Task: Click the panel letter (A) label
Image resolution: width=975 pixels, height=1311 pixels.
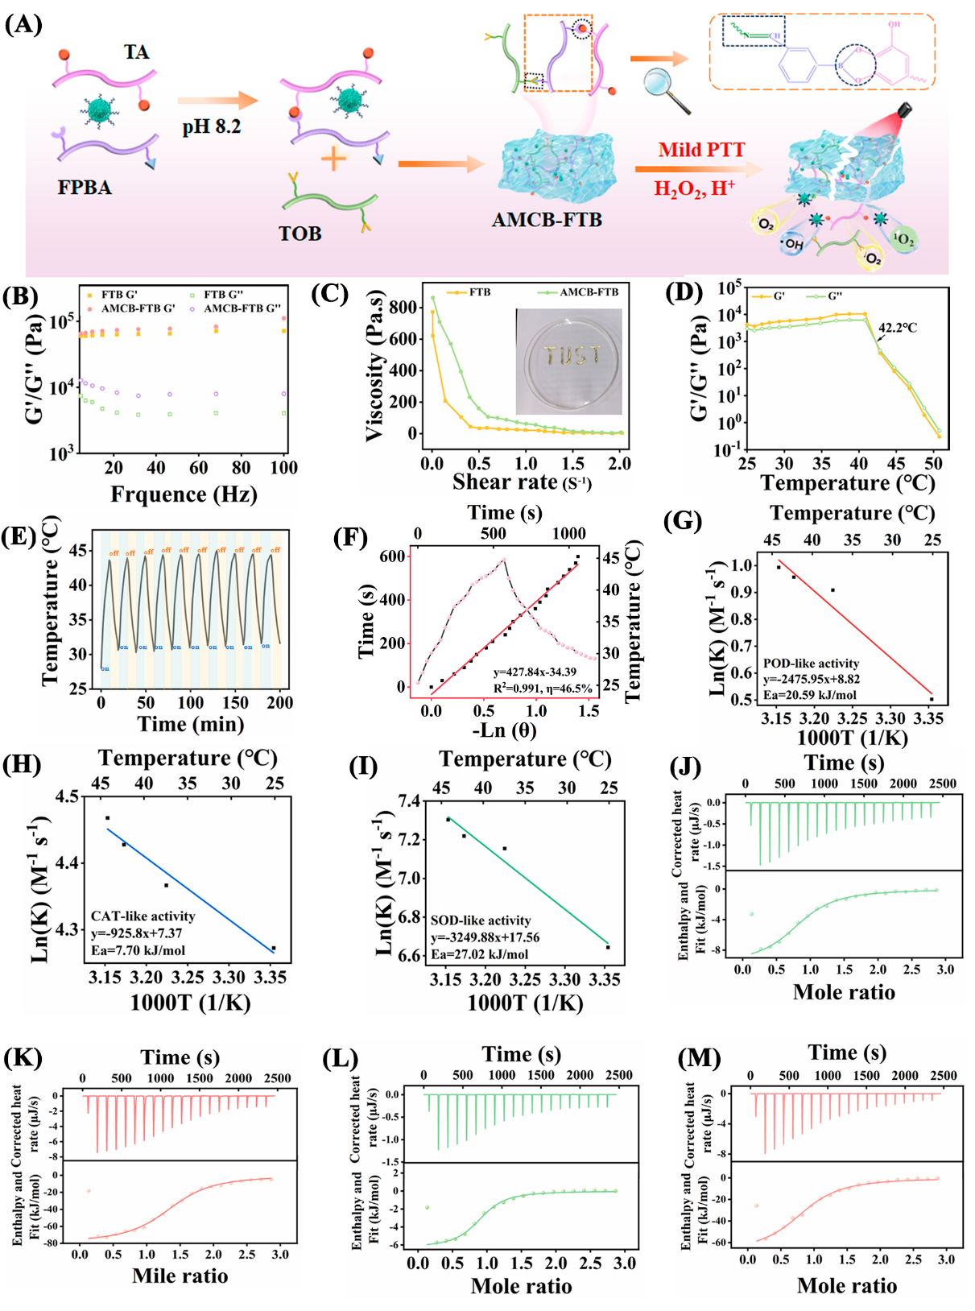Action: [x=23, y=24]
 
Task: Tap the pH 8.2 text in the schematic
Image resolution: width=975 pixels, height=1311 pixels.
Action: [x=211, y=126]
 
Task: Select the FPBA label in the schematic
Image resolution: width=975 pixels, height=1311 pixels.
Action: [x=85, y=188]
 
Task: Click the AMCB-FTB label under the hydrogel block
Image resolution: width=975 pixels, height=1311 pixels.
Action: [x=547, y=220]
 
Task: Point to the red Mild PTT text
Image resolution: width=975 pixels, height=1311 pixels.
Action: [x=701, y=150]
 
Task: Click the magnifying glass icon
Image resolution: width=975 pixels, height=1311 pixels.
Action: [x=667, y=90]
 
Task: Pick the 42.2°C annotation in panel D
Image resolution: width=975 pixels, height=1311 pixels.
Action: [x=897, y=328]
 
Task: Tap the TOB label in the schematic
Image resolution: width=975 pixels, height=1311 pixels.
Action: [x=300, y=234]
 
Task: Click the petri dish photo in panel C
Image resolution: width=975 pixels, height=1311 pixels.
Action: [x=568, y=362]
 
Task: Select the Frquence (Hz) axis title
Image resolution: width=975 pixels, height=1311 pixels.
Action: [x=184, y=494]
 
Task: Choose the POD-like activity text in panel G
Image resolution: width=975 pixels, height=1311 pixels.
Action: [x=811, y=664]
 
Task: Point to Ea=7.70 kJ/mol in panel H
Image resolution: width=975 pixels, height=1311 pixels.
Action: [x=138, y=950]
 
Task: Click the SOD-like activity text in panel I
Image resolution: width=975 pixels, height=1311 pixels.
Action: [x=481, y=920]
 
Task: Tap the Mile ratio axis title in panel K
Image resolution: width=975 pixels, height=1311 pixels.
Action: [x=180, y=1276]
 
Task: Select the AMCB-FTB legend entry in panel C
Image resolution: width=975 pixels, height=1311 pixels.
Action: [x=589, y=292]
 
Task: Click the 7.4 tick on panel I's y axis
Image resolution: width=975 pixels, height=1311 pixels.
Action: [x=409, y=801]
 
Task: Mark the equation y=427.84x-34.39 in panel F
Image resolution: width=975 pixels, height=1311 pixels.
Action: [x=535, y=672]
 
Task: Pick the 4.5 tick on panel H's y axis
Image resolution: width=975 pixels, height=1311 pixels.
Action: [x=67, y=796]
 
